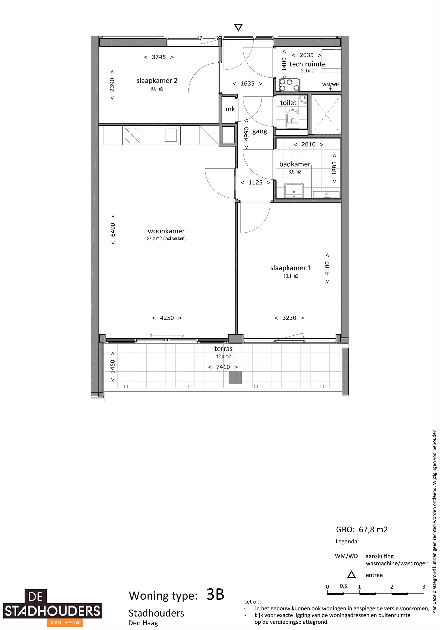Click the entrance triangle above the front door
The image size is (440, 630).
point(238,28)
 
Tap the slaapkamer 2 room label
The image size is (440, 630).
point(157,81)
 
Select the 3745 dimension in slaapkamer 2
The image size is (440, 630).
point(159,57)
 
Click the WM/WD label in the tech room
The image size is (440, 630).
point(330,84)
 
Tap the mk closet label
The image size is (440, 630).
point(230,109)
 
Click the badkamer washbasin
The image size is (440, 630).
point(294,191)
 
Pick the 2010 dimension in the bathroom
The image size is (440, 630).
point(308,144)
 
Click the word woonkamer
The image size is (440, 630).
point(166,231)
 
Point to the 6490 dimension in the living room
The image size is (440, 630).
point(113,230)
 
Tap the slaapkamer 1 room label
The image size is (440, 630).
point(291,268)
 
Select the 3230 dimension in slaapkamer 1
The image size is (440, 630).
point(289,318)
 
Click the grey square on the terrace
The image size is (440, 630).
point(235,377)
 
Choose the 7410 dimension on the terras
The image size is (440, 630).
point(223,367)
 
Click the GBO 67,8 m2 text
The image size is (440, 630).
point(362,530)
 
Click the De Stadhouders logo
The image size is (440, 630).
point(52,607)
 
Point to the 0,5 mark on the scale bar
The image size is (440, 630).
point(343,586)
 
